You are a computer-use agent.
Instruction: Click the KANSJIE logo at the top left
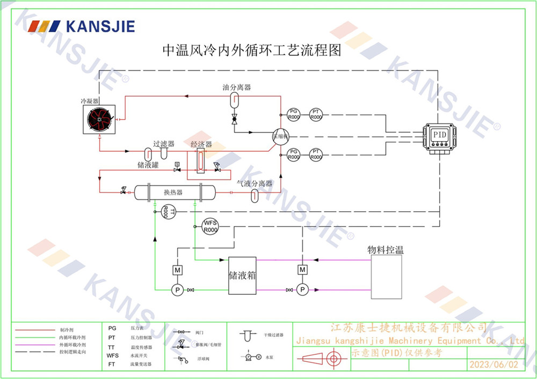(81, 26)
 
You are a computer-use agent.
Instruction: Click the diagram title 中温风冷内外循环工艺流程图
(252, 51)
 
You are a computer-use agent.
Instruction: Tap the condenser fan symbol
(100, 119)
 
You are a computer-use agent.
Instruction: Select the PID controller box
(440, 136)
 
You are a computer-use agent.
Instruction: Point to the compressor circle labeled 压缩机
(280, 136)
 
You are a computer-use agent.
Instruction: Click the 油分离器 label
(237, 87)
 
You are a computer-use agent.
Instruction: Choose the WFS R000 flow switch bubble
(210, 226)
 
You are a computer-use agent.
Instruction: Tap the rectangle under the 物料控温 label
(387, 277)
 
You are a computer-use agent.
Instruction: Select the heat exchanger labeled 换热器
(173, 192)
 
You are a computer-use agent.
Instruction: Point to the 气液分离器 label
(255, 183)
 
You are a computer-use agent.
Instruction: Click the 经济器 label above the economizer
(201, 145)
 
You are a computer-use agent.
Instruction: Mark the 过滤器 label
(164, 144)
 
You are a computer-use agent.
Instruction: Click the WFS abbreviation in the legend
(112, 355)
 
